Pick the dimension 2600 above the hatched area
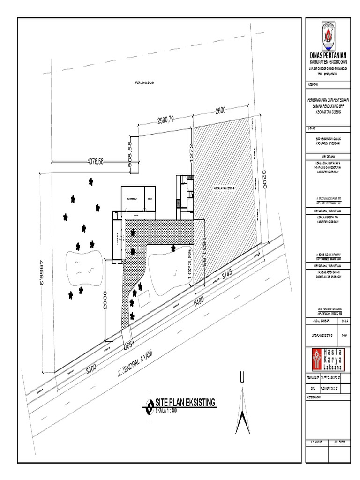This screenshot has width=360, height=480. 221,110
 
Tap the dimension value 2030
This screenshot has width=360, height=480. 105,300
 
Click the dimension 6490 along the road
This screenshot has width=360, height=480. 200,300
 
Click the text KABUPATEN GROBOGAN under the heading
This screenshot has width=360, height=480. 328,62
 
